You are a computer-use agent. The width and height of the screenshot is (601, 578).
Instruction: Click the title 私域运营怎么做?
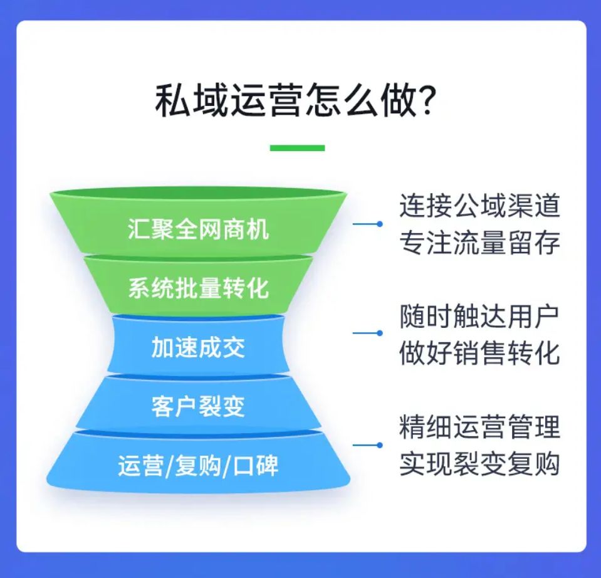point(296,101)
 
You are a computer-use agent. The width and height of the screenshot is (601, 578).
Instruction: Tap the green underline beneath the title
point(298,148)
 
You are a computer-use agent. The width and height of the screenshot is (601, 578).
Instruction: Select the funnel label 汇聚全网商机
point(198,229)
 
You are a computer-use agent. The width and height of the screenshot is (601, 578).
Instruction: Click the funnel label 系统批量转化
point(198,288)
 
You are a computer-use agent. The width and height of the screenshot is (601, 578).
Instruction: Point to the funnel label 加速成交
point(198,347)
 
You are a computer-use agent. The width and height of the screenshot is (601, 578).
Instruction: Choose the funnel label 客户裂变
point(198,406)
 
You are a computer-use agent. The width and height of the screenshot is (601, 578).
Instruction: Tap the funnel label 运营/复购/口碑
point(198,466)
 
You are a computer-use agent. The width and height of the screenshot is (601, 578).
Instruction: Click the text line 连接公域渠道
point(480,206)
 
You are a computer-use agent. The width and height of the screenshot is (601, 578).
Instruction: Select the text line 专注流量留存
point(480,243)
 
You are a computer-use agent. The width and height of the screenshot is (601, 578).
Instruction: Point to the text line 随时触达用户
point(479,316)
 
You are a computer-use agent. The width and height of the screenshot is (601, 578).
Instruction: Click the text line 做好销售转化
point(480,353)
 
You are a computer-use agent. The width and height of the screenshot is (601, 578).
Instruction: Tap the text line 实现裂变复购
point(480,464)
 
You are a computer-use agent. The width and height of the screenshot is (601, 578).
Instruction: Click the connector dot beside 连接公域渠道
point(379,224)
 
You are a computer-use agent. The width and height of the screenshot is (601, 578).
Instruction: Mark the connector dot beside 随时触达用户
point(379,333)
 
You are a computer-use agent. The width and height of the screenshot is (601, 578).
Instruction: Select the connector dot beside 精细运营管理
point(379,445)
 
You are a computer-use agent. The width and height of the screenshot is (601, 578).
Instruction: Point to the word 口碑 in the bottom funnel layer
point(256,466)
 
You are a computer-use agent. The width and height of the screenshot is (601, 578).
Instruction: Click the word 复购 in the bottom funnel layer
point(198,466)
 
